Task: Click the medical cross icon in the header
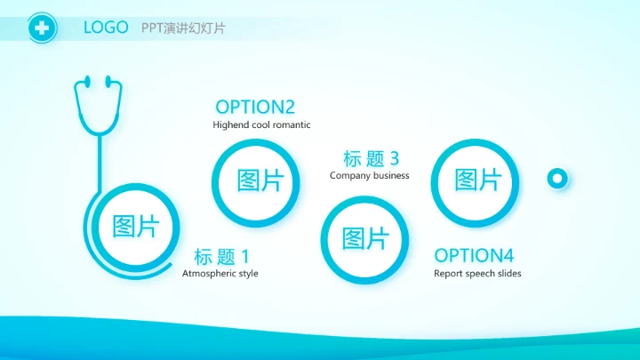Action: tap(41, 28)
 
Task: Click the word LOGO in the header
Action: tap(105, 28)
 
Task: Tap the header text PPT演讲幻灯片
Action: tap(183, 28)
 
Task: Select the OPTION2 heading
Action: tap(255, 107)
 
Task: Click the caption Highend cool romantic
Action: tap(261, 125)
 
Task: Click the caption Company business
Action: tap(369, 176)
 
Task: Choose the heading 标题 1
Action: tap(222, 256)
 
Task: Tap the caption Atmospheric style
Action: tap(220, 274)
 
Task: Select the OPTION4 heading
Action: tap(474, 255)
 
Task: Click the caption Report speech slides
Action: tap(477, 274)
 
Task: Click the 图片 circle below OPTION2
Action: tap(260, 181)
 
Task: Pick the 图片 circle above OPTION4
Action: tap(478, 180)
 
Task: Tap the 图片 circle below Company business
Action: tap(365, 238)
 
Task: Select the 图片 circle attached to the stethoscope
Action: tap(135, 227)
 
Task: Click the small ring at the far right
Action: tap(557, 179)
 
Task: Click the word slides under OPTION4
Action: tap(508, 274)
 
